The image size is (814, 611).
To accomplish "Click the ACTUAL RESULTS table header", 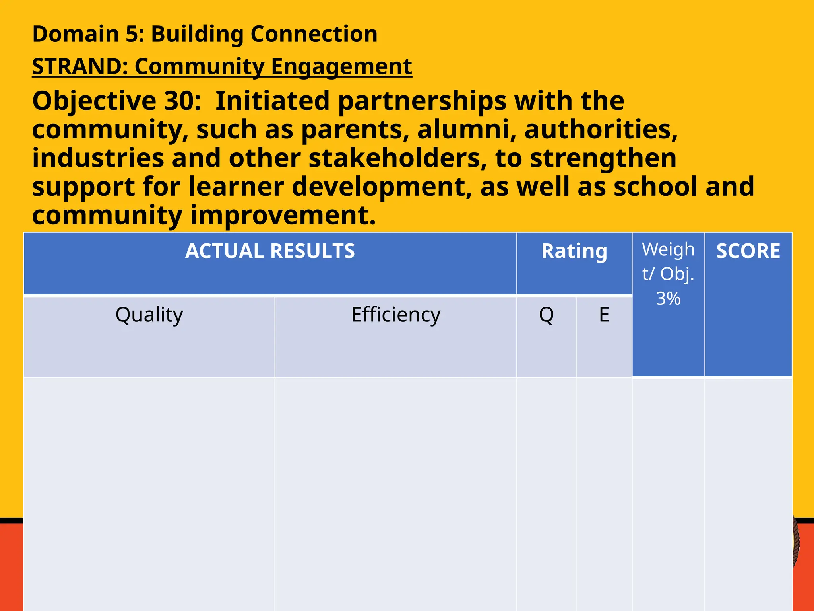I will [x=270, y=251].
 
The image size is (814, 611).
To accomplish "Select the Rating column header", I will [x=574, y=251].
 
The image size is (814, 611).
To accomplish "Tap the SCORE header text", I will [x=748, y=251].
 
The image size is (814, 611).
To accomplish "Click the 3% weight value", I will [x=668, y=298].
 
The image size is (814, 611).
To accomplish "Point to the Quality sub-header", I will [x=149, y=315].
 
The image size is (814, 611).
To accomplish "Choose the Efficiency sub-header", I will [x=396, y=315].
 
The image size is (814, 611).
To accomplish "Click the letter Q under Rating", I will [x=546, y=315].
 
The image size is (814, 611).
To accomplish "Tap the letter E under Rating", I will [x=604, y=315].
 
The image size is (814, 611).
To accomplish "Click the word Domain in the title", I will [x=75, y=34].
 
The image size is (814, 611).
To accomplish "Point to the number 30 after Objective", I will [x=178, y=101].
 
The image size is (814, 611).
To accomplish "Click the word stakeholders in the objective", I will [x=397, y=158].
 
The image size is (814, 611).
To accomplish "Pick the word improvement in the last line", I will [x=283, y=216].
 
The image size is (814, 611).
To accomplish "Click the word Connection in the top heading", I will [x=314, y=34].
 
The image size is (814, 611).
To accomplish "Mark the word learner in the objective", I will [x=236, y=187].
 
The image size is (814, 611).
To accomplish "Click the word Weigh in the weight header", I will [x=668, y=250].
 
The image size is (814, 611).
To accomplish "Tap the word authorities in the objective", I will [x=601, y=130].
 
